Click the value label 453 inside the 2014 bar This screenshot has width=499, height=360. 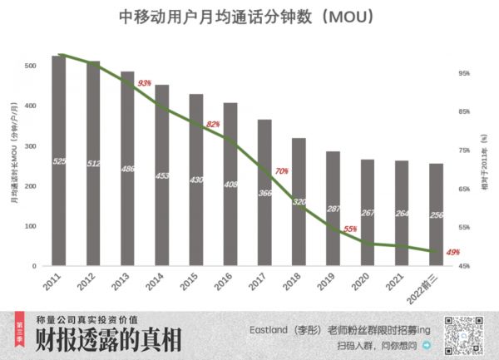(162, 175)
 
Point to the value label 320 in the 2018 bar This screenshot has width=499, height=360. (299, 201)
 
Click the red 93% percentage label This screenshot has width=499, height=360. (144, 83)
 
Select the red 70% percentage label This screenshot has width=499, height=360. (282, 170)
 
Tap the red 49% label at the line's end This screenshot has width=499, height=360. (453, 252)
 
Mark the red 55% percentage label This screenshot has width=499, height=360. (350, 229)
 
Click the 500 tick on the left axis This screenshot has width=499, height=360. (30, 66)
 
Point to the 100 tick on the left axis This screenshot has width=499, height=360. (30, 226)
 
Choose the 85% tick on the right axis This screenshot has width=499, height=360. (464, 111)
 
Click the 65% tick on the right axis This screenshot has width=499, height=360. (464, 189)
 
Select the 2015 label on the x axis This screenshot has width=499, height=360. (190, 284)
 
